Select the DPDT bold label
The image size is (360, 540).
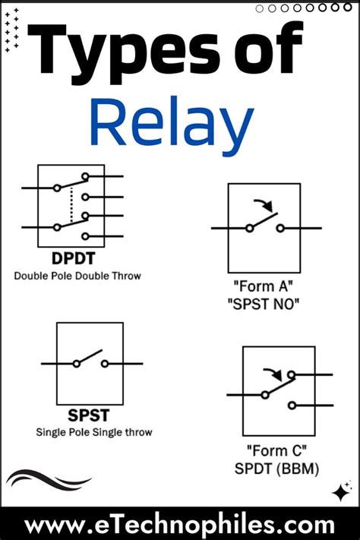point(69,259)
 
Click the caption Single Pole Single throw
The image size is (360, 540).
point(94,432)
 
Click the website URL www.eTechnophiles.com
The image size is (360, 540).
point(179,525)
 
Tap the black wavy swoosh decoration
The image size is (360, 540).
point(47,480)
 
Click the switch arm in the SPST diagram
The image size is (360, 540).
point(90,357)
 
